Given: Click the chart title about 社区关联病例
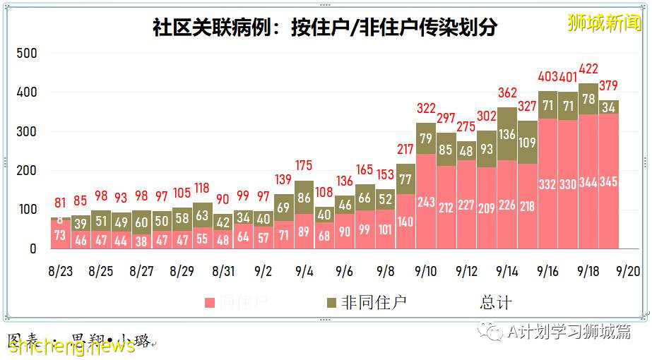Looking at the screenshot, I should (325, 28).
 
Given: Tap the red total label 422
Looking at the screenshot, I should (588, 69).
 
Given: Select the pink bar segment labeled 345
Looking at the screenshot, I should (608, 181).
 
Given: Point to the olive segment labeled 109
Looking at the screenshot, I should (527, 142).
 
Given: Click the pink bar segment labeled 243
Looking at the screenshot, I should (425, 202).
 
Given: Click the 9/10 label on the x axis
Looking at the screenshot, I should (426, 271).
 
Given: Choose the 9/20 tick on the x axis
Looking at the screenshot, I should (629, 271).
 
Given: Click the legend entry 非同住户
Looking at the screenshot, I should (365, 303).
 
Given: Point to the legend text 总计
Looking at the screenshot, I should (496, 303).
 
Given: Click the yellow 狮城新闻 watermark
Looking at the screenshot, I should (605, 22).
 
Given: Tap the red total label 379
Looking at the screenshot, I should (608, 86).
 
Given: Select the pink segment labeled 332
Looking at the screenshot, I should (547, 184).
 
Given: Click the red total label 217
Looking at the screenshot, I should (405, 150).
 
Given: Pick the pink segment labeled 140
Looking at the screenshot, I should (405, 221).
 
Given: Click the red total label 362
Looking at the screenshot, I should (507, 92).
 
